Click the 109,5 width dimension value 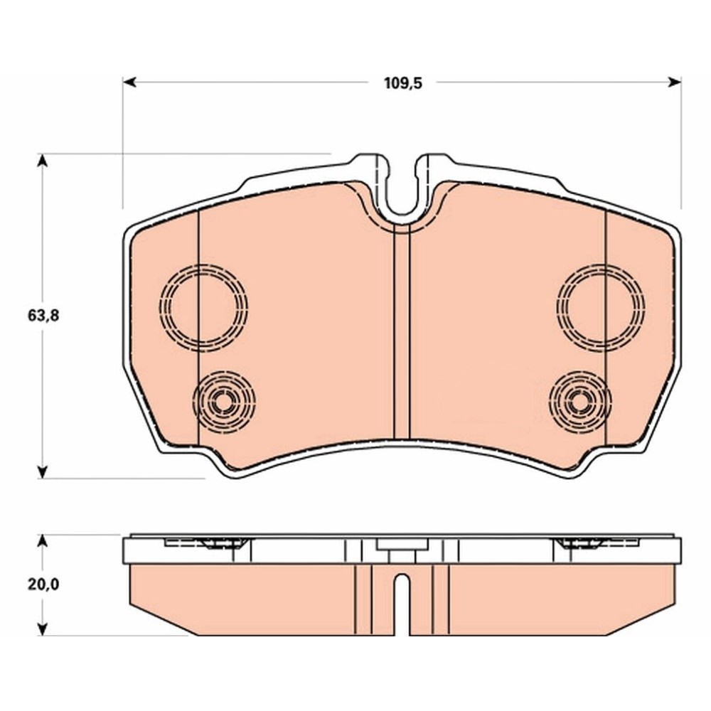[x=402, y=83]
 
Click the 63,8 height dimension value [x=43, y=315]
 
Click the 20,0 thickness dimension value [x=43, y=584]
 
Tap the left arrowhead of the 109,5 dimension [x=129, y=82]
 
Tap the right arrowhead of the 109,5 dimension [x=675, y=82]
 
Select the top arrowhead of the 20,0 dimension [x=42, y=541]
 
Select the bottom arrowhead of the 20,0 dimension [x=42, y=629]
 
